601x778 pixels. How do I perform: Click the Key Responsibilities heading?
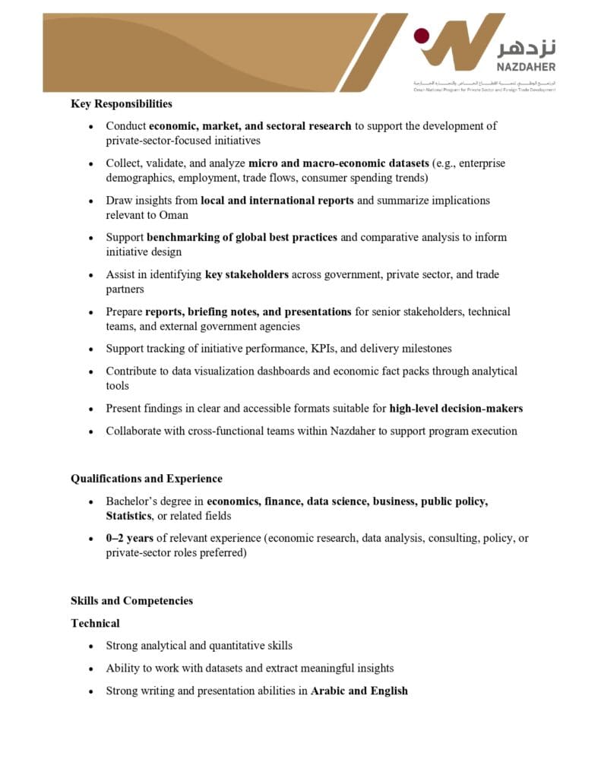[122, 103]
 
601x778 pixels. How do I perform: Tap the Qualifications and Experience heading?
[147, 479]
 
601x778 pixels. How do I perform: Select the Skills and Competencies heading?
[131, 600]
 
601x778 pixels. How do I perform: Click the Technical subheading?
[95, 623]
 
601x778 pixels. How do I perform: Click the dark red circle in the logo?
[421, 36]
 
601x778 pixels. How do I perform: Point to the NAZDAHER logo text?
[527, 67]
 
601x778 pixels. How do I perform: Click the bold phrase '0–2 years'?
[130, 538]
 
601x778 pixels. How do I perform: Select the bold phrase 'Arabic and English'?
[359, 691]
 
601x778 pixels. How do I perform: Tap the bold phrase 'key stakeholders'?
[247, 274]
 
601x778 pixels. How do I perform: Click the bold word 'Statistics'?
[129, 516]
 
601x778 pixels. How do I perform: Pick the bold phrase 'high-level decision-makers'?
[456, 408]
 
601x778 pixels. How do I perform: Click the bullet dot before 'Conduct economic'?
[91, 126]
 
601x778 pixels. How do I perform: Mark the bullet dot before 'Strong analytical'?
[91, 646]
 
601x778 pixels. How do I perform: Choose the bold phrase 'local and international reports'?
[277, 201]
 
